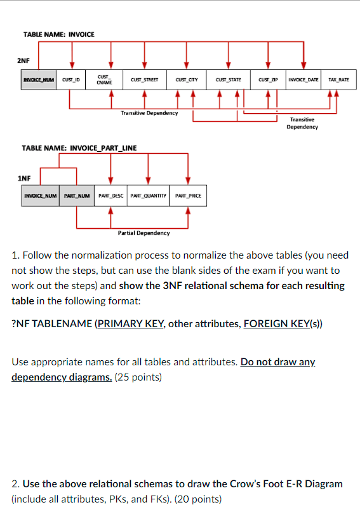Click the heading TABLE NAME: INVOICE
[x=58, y=34]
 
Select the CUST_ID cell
[x=72, y=80]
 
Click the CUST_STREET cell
[x=145, y=80]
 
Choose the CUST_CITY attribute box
[x=187, y=80]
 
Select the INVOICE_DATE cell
[x=303, y=80]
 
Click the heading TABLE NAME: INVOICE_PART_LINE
[x=79, y=147]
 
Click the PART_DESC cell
[x=110, y=195]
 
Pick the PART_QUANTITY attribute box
[x=149, y=195]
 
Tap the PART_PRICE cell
[x=188, y=195]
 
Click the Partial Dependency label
[x=144, y=233]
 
